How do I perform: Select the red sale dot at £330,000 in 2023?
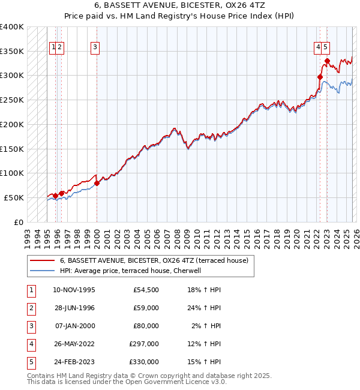327,61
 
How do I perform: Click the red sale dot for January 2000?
97,183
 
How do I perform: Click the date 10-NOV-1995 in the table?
74,290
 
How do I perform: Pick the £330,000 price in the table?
144,362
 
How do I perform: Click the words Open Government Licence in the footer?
175,382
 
